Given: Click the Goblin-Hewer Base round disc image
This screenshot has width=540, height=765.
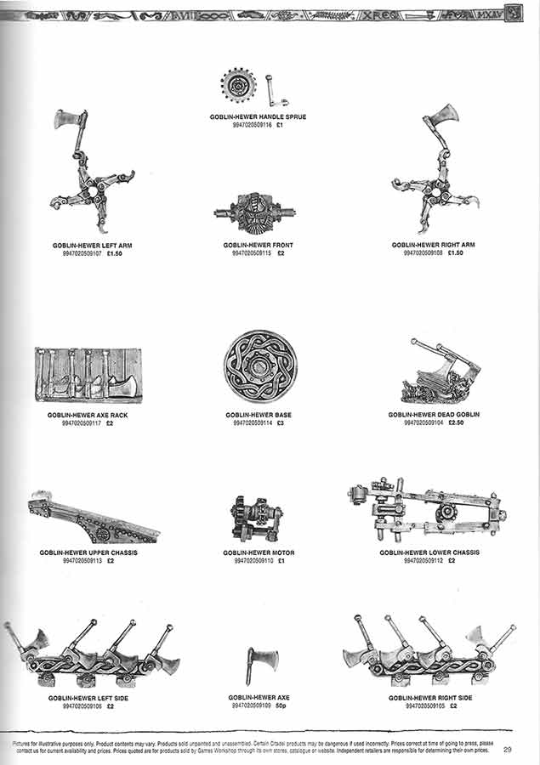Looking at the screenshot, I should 259,368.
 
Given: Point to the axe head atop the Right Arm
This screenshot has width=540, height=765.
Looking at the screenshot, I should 441,116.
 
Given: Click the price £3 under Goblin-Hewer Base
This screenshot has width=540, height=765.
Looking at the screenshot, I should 280,422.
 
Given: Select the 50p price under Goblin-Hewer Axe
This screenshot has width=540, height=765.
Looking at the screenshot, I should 281,705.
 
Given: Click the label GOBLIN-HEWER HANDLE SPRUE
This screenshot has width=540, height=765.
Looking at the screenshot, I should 259,116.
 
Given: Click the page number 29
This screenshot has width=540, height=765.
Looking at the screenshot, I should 508,750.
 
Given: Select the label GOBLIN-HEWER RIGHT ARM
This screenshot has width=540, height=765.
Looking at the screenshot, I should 433,245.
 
